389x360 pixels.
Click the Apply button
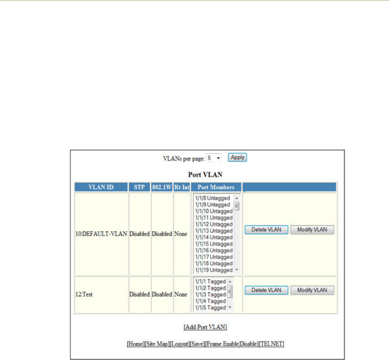[237, 157]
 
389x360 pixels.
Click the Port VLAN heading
[205, 175]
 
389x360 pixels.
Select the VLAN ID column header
[101, 187]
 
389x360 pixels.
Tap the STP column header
[139, 187]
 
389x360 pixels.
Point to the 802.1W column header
[162, 187]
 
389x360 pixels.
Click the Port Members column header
[216, 187]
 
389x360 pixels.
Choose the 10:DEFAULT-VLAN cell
[102, 234]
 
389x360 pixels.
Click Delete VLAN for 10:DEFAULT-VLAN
[266, 230]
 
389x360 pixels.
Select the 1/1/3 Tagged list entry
[210, 294]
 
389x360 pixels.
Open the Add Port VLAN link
[205, 327]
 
